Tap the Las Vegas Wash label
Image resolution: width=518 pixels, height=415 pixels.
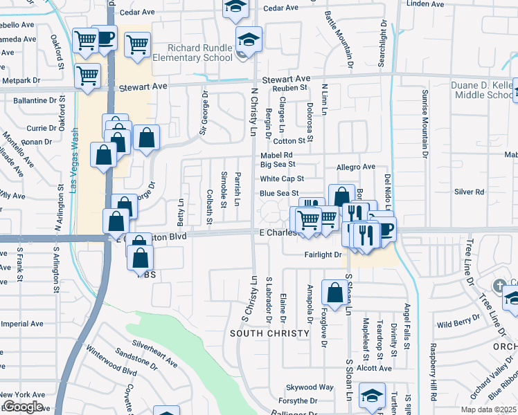[74, 158]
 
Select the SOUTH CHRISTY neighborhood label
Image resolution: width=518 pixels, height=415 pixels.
[269, 333]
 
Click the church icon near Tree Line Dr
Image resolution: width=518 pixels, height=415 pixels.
[500, 285]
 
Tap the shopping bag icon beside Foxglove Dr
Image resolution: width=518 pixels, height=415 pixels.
[335, 292]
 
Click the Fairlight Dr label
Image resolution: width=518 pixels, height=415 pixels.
[323, 255]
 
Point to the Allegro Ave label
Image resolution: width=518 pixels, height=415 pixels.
[355, 167]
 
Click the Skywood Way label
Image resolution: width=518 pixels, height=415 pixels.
[311, 387]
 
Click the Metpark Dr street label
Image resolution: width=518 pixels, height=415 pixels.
[21, 81]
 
